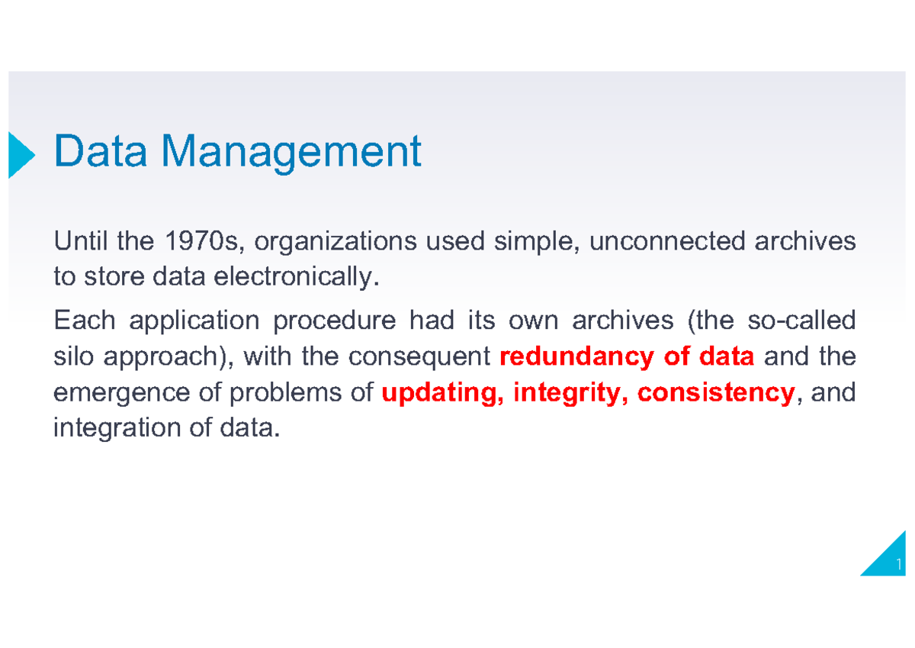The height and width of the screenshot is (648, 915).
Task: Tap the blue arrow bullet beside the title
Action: pos(21,155)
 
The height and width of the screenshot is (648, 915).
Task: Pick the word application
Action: pos(194,321)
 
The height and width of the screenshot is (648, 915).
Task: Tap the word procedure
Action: pos(334,321)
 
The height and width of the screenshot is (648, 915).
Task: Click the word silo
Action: pos(72,356)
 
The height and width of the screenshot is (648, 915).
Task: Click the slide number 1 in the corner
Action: pos(900,565)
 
